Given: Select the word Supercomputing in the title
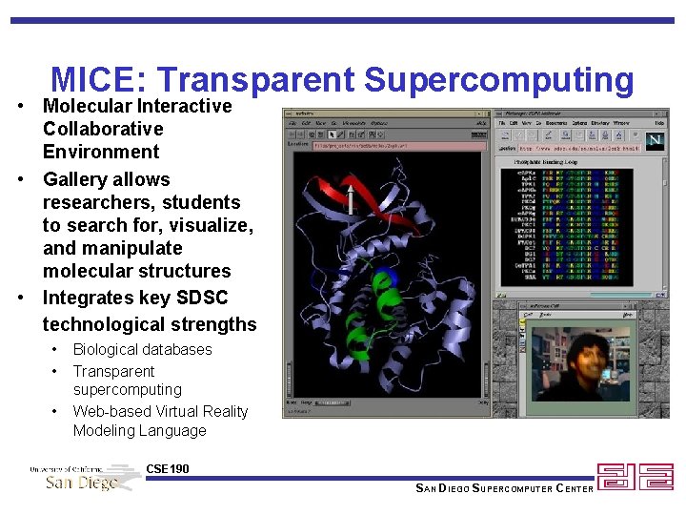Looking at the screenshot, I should point(498,80).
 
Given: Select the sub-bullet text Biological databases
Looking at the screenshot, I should point(142,349).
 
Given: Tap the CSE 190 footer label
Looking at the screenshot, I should point(168,469).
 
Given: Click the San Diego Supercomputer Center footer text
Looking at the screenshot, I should point(505,488).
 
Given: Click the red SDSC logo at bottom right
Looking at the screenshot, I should point(635,477).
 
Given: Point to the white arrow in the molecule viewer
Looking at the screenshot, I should point(351,197).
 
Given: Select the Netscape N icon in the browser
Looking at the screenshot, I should point(655,140).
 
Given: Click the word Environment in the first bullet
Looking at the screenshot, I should point(101,152).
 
